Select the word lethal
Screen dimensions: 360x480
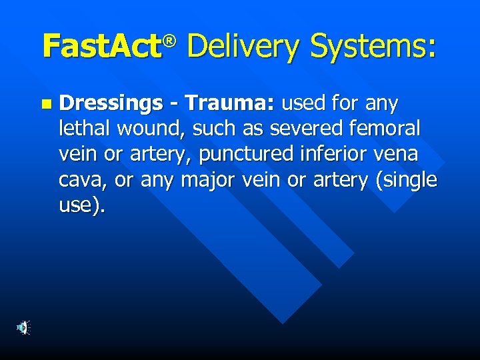tap(83, 129)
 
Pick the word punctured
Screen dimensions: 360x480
tap(245, 155)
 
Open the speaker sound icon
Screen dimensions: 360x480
tap(23, 327)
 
